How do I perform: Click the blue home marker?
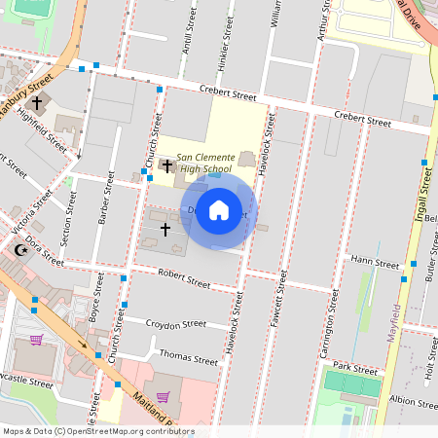click(x=219, y=210)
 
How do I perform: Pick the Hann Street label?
click(x=375, y=262)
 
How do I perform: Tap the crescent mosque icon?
click(x=20, y=250)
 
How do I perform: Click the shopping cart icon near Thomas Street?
click(x=163, y=396)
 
